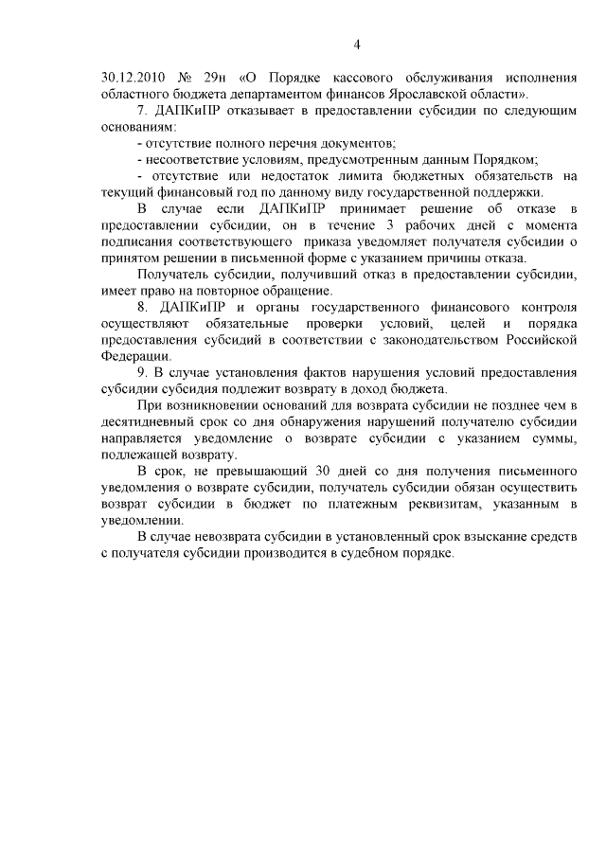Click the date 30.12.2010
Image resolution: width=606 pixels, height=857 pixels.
[x=130, y=79]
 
